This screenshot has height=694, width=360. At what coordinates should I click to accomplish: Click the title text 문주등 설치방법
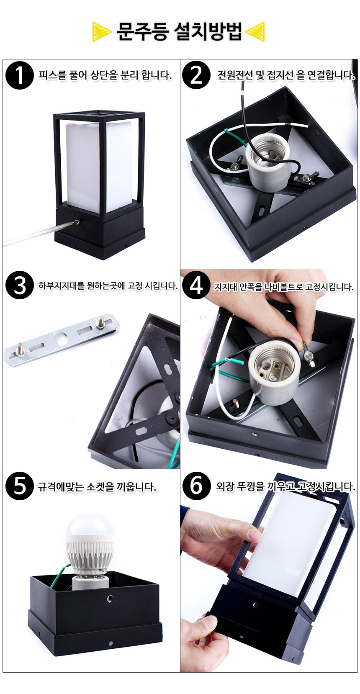pyautogui.click(x=180, y=31)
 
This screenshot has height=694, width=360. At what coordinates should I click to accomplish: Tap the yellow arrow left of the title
pyautogui.click(x=102, y=32)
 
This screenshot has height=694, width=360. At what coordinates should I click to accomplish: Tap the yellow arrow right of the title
pyautogui.click(x=255, y=32)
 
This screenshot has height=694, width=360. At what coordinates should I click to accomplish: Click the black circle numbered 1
pyautogui.click(x=20, y=75)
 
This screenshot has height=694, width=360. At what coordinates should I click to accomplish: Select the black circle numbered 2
pyautogui.click(x=196, y=75)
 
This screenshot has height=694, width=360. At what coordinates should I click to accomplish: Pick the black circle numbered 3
pyautogui.click(x=20, y=285)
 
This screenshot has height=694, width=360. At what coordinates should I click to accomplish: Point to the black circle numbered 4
pyautogui.click(x=196, y=285)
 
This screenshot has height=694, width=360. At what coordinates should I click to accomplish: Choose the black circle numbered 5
pyautogui.click(x=20, y=486)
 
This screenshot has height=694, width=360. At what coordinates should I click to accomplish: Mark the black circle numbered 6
pyautogui.click(x=196, y=486)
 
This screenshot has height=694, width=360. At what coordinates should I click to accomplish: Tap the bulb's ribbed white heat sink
pyautogui.click(x=90, y=552)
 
